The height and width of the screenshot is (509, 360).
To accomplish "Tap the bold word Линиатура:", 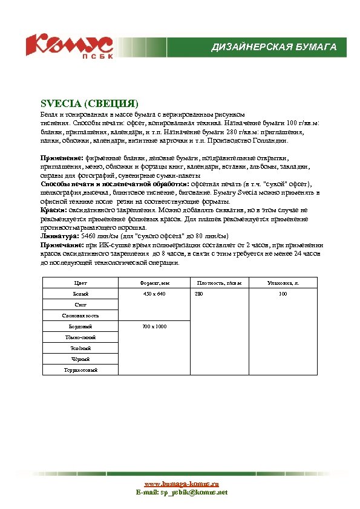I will tap(59, 236).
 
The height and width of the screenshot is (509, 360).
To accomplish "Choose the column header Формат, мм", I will tap(154, 282).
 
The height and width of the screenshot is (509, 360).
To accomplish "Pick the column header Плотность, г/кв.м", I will tap(219, 282).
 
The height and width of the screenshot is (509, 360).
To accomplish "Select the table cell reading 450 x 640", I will tap(154, 294).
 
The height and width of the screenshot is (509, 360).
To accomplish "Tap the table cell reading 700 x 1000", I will tap(154, 326).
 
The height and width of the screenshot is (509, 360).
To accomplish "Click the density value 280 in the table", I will tap(199, 294).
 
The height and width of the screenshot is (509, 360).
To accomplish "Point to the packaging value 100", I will tap(283, 294).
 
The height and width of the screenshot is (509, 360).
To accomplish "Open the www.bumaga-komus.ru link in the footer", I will tap(181, 484).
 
